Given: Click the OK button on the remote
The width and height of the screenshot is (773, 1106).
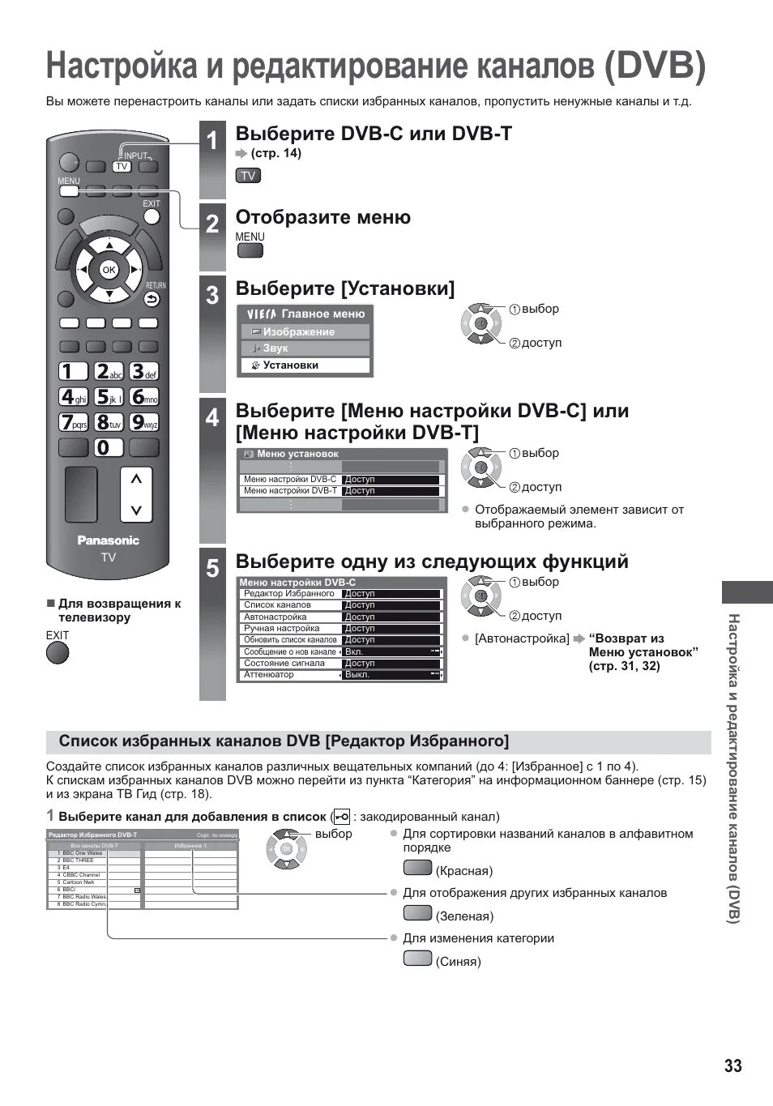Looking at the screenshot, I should click(109, 270).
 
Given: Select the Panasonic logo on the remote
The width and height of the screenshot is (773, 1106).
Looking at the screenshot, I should click(108, 540).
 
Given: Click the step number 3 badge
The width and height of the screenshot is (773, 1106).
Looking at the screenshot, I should click(212, 295).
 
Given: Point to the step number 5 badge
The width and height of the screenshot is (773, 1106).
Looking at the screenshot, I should click(212, 568).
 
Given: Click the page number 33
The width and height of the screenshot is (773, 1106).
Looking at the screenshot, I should click(732, 1065).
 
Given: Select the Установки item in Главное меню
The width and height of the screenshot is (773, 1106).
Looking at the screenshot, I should click(305, 365).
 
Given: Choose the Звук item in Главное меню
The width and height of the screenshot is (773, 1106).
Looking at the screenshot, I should click(305, 348).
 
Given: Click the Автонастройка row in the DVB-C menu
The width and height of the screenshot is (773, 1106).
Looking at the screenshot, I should click(340, 617).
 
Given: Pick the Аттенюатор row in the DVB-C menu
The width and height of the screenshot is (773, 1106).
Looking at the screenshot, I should click(340, 674).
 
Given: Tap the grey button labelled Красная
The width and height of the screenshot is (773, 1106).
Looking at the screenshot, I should click(417, 869).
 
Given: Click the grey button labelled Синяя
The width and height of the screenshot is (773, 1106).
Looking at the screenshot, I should click(417, 959).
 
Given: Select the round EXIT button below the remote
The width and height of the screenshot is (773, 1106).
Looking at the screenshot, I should click(58, 652).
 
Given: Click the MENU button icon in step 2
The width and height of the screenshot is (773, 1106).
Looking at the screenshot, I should click(250, 250).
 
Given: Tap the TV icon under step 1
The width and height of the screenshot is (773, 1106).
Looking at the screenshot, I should click(248, 176).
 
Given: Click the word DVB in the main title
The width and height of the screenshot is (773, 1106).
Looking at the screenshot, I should click(655, 66).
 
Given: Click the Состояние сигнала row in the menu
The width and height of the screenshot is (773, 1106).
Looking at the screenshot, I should click(340, 663).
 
